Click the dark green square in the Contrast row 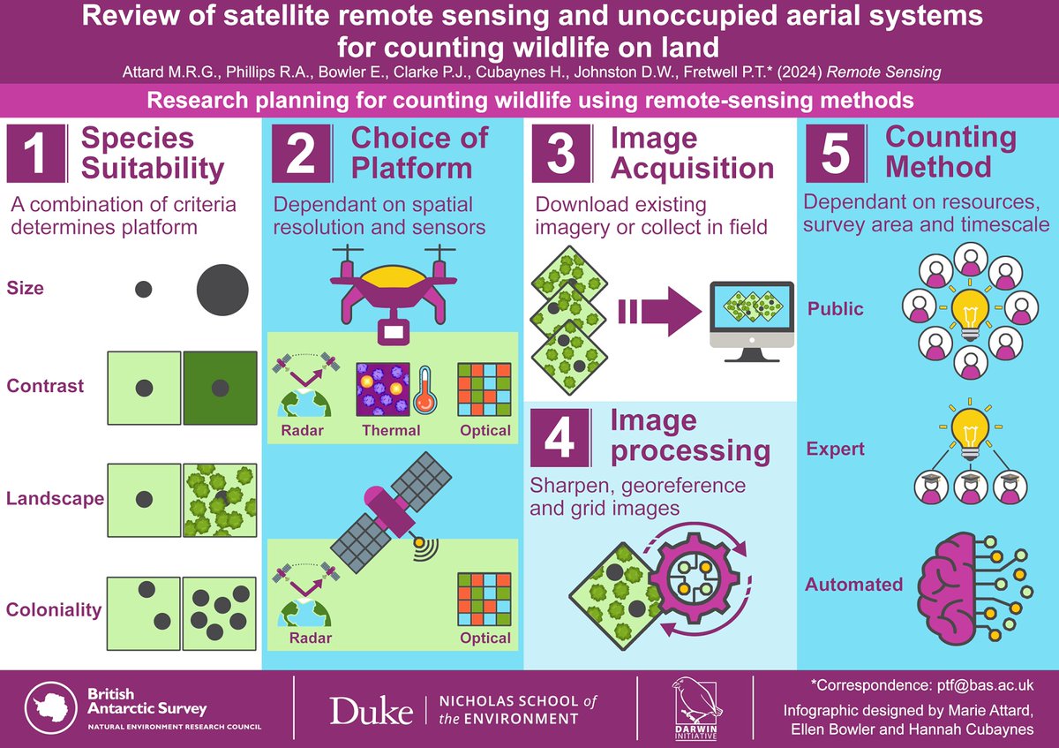(x=220, y=386)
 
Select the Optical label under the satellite (x=484, y=638)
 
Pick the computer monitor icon (x=753, y=318)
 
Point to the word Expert (x=836, y=449)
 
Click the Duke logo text (x=371, y=709)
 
